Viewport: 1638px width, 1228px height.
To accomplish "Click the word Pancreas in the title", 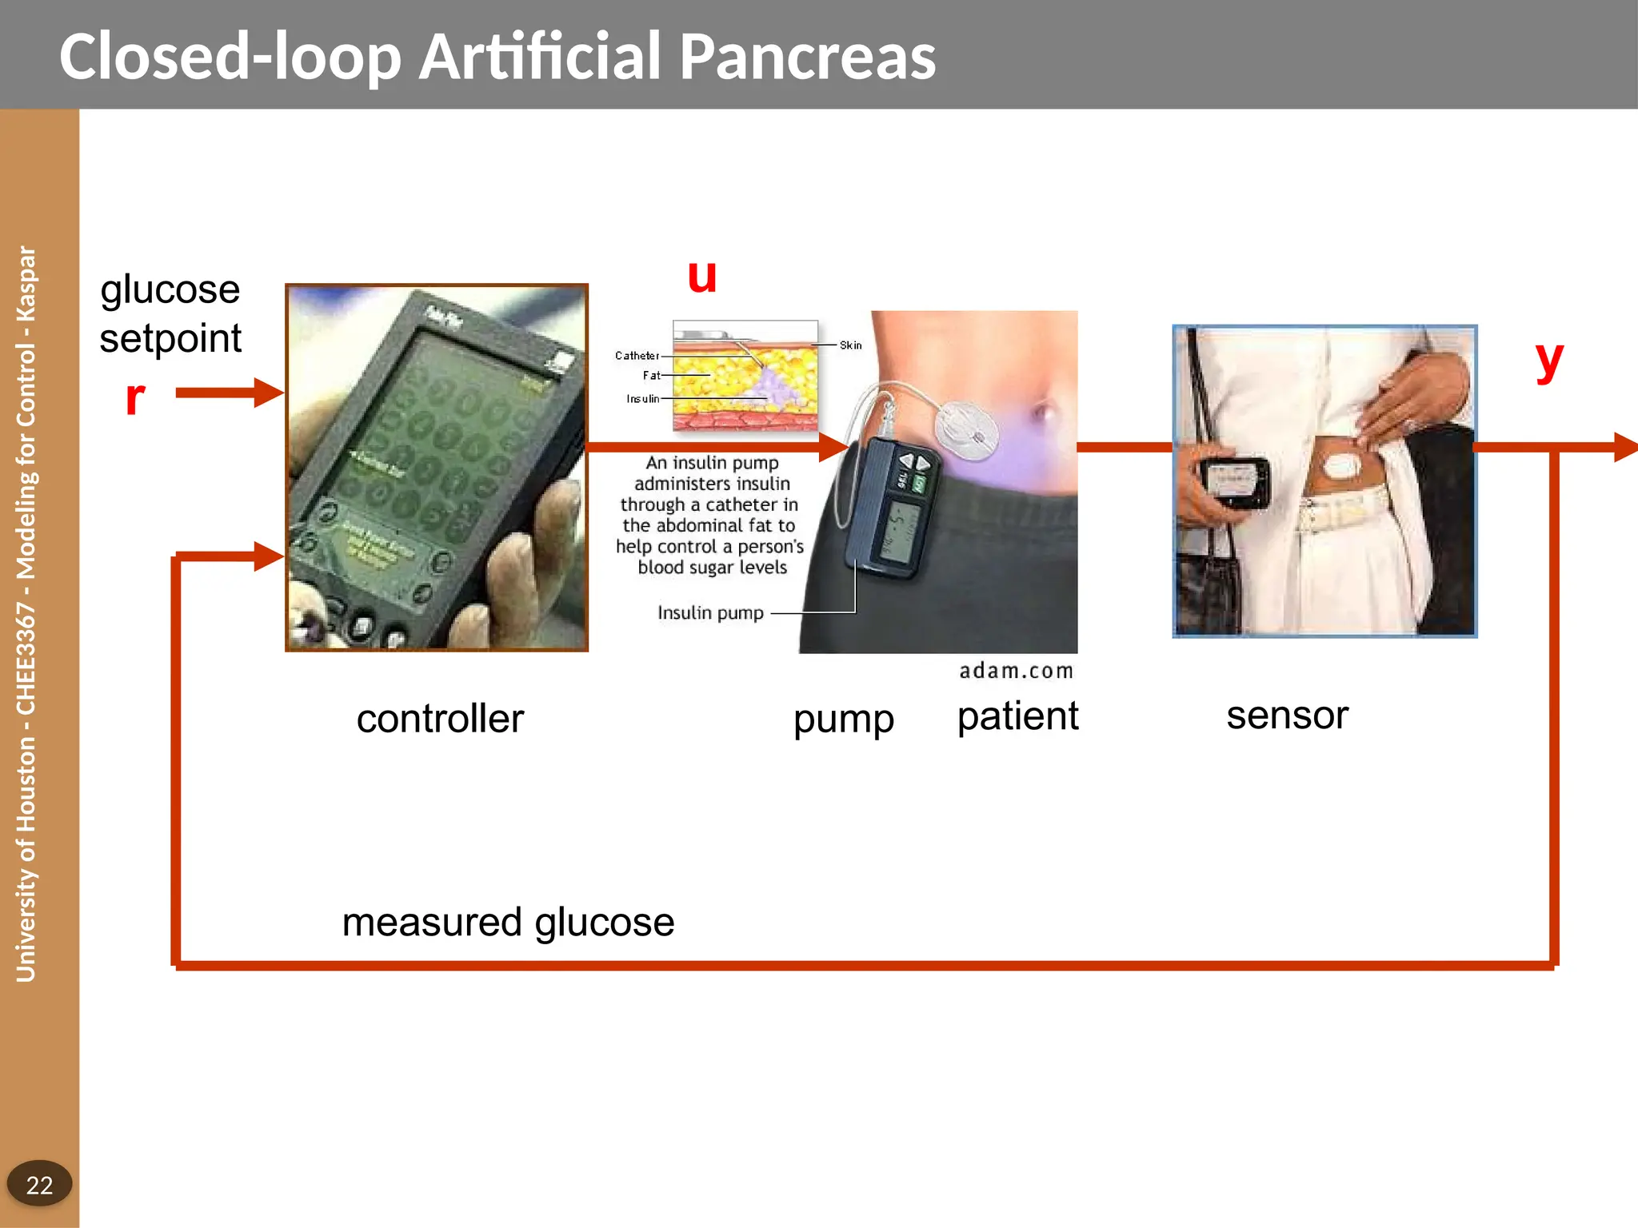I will click(x=808, y=58).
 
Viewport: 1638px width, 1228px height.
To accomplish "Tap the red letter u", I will click(x=702, y=277).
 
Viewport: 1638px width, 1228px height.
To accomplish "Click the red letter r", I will click(x=135, y=397).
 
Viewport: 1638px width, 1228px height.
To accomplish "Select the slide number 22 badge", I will click(x=39, y=1184).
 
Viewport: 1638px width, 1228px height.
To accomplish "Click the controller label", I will click(x=440, y=719).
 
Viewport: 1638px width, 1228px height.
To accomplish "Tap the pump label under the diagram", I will click(x=843, y=720).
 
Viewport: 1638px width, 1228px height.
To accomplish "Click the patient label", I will click(x=1017, y=716).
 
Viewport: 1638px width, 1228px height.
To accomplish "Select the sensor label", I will click(x=1287, y=716).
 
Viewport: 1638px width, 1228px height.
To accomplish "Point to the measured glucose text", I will click(x=508, y=923).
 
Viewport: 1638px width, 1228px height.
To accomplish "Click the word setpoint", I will click(x=170, y=338).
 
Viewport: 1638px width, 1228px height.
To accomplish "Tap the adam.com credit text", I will click(x=1016, y=671).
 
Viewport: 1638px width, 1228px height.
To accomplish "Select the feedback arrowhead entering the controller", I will click(x=269, y=556).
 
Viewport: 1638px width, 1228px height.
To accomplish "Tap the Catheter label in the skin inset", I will click(x=637, y=356).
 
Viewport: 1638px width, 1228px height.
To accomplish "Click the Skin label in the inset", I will click(x=850, y=345).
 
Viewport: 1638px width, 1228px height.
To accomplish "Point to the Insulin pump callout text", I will click(x=710, y=613).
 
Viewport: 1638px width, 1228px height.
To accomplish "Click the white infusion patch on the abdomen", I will click(x=969, y=429).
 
